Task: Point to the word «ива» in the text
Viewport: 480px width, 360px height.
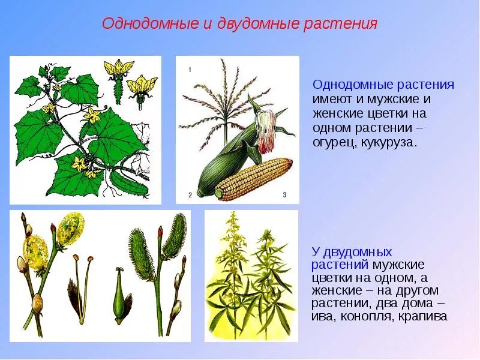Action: (324, 316)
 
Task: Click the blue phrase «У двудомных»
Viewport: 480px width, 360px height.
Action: (352, 252)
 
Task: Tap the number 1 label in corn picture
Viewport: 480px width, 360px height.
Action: (190, 70)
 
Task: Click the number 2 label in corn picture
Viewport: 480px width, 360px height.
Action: (190, 194)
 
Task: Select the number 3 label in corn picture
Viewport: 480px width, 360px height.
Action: (284, 194)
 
